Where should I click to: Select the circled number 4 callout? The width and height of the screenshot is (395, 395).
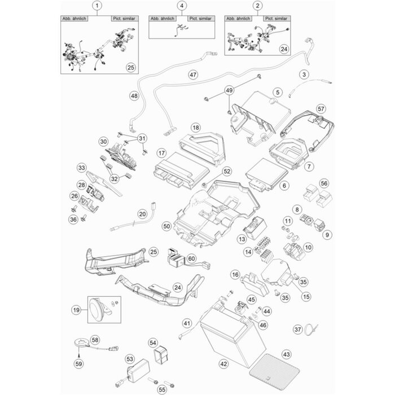181,6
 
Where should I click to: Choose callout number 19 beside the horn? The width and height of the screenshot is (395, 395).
76,309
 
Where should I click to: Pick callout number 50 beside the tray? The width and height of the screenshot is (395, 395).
166,226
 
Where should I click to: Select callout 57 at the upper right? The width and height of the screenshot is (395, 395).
321,108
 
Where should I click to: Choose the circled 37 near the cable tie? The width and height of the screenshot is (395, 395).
314,328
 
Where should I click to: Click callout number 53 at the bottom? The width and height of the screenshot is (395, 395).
129,358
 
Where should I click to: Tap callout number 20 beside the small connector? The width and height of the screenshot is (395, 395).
142,214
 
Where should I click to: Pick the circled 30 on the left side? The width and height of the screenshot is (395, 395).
103,141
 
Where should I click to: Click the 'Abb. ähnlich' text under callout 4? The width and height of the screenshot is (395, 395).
164,18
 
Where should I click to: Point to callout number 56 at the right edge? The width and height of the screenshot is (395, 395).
324,183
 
